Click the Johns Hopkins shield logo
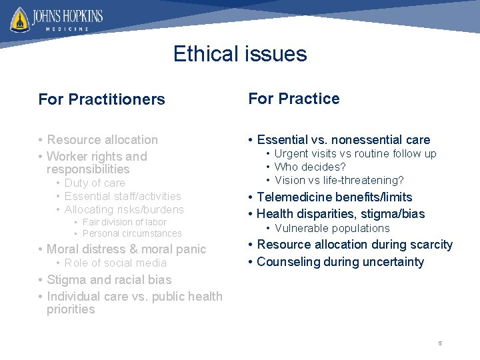(x=20, y=19)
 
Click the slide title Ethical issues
(x=240, y=53)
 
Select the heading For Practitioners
(x=101, y=99)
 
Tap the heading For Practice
(x=294, y=99)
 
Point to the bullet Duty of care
(x=95, y=183)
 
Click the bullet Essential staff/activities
(x=123, y=196)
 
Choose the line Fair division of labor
(x=124, y=222)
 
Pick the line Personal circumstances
(x=131, y=233)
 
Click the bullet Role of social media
(x=115, y=263)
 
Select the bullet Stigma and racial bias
(x=109, y=280)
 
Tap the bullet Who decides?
(x=310, y=167)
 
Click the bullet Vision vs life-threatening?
(x=339, y=180)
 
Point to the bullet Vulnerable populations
(x=332, y=228)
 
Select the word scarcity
(x=430, y=245)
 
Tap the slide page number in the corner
(x=440, y=343)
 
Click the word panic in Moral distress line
(x=190, y=249)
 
